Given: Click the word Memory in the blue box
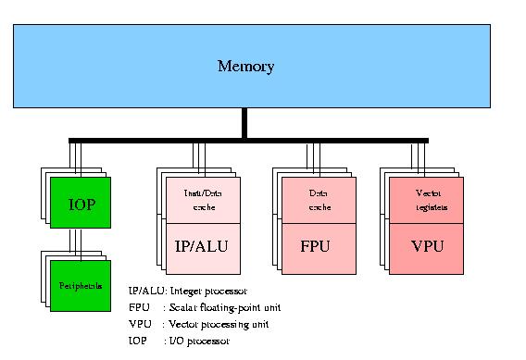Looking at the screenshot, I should (245, 66).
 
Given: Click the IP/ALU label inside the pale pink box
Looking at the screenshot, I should (202, 248).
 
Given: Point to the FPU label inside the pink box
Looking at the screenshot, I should (315, 248).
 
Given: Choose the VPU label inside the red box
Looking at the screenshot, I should (428, 248).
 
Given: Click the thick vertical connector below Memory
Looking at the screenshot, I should (244, 123).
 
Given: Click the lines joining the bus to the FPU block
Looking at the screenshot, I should (311, 155).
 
